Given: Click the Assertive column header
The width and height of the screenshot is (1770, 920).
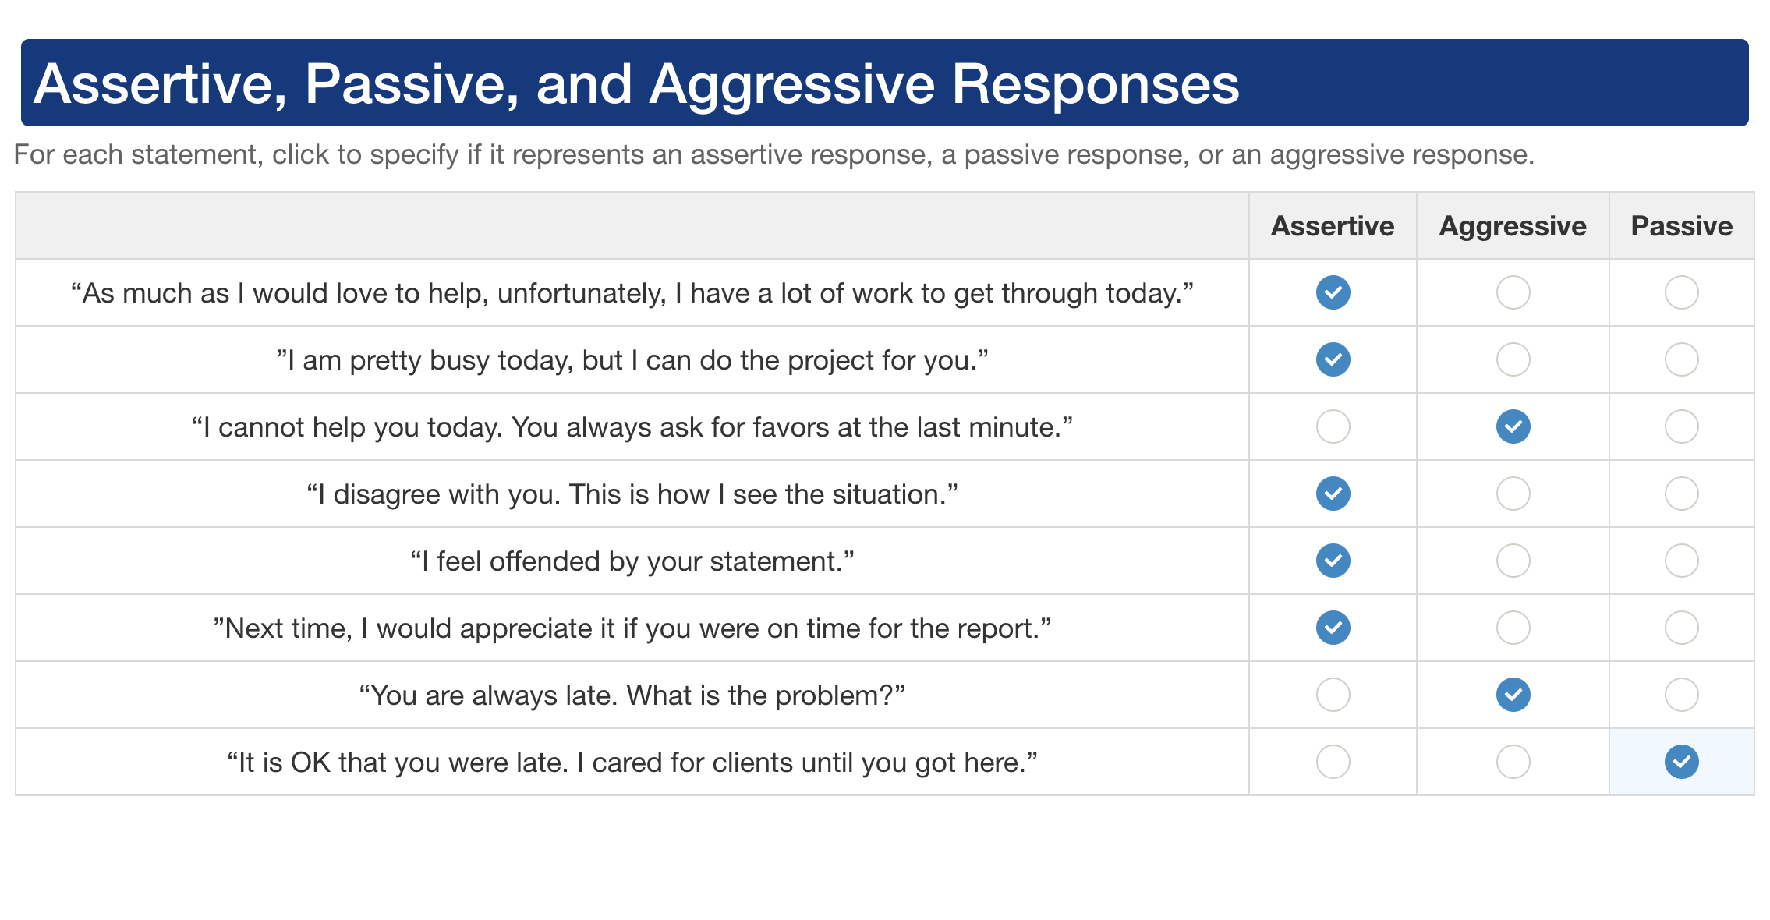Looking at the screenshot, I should [1333, 226].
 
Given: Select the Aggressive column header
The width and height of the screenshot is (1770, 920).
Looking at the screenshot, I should [1513, 226].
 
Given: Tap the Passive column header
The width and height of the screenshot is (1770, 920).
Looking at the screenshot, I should [1682, 226].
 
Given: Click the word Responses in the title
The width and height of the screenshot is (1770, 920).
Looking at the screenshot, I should [1096, 83].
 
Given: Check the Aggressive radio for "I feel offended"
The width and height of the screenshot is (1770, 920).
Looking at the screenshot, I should [1513, 561].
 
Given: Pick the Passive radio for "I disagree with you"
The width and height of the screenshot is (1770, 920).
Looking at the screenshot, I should [1681, 494].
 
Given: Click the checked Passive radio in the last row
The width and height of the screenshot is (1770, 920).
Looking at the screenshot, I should [1681, 762].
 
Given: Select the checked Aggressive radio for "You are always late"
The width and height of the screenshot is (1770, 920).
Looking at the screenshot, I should [1513, 695].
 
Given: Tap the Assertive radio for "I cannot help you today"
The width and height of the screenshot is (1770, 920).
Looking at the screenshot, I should [1333, 426].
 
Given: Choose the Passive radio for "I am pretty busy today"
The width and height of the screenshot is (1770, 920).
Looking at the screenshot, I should [1681, 359].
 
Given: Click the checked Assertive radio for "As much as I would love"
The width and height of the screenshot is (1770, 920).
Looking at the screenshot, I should [1333, 292].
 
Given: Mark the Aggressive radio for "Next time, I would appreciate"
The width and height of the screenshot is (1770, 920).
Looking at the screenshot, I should [1513, 628].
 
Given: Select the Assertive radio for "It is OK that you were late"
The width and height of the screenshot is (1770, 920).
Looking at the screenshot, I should [1333, 762].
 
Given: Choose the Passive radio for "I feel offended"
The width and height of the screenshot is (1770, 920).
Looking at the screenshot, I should [1681, 561].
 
